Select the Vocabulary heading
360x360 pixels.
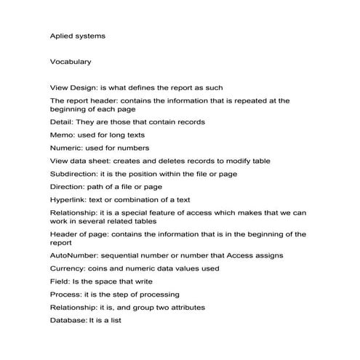[71, 62]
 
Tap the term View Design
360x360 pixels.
[73, 87]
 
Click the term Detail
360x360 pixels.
[62, 121]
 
